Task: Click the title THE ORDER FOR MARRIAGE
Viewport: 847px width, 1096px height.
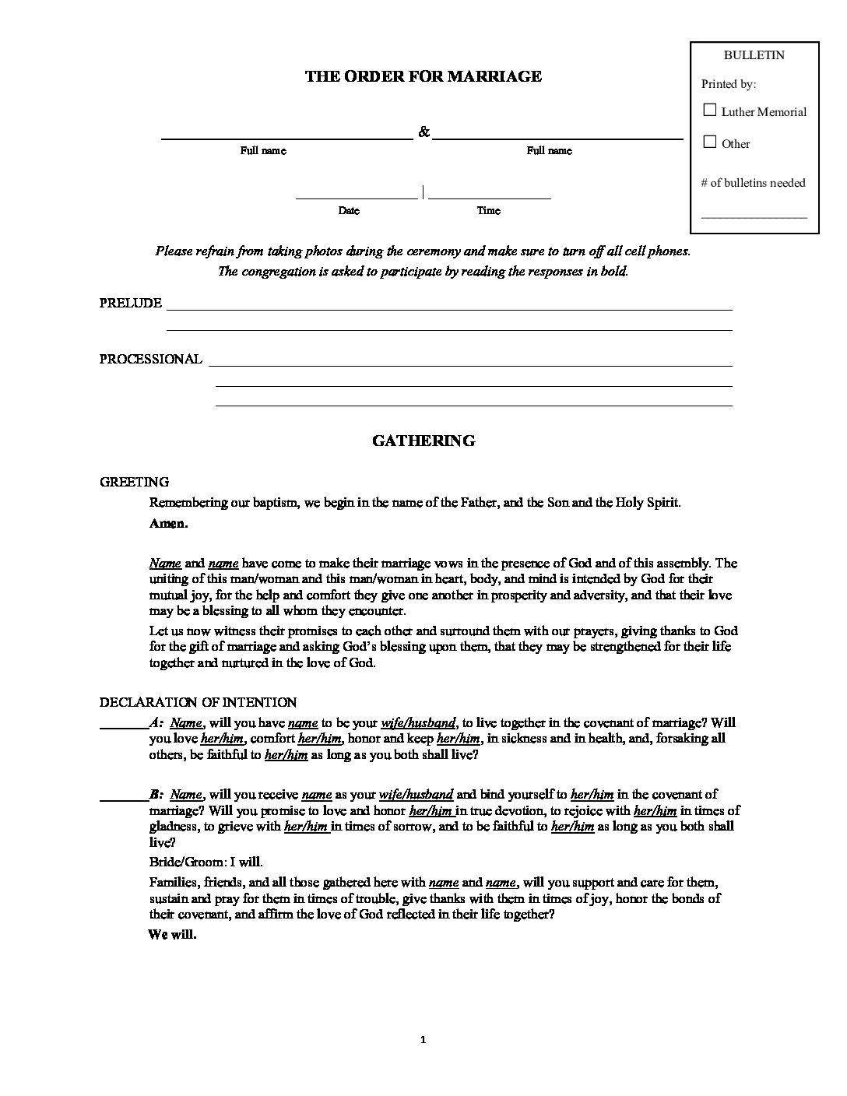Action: tap(423, 76)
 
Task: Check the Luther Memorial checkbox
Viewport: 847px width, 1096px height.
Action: tap(709, 111)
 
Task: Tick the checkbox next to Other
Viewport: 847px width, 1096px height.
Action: tap(709, 142)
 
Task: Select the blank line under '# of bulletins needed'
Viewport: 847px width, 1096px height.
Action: tap(754, 216)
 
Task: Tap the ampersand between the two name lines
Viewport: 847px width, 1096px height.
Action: tap(423, 132)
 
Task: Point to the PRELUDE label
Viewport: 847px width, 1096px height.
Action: tap(131, 304)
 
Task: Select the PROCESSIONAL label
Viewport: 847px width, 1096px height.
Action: tap(150, 359)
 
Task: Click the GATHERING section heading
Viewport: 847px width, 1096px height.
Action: tap(423, 441)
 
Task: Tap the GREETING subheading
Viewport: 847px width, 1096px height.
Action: tap(134, 483)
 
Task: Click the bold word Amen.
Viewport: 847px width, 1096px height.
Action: tap(168, 524)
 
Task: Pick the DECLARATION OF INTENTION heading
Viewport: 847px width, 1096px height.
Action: tap(198, 703)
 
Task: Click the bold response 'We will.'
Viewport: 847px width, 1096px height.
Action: tap(172, 935)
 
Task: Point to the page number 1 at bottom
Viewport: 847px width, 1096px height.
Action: tap(423, 1039)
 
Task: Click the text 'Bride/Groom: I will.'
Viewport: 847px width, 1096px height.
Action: tap(206, 862)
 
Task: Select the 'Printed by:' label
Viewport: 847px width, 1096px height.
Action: tap(729, 84)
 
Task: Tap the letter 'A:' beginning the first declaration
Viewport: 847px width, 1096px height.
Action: tap(156, 722)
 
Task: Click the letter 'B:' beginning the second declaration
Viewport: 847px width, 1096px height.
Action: tap(156, 795)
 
